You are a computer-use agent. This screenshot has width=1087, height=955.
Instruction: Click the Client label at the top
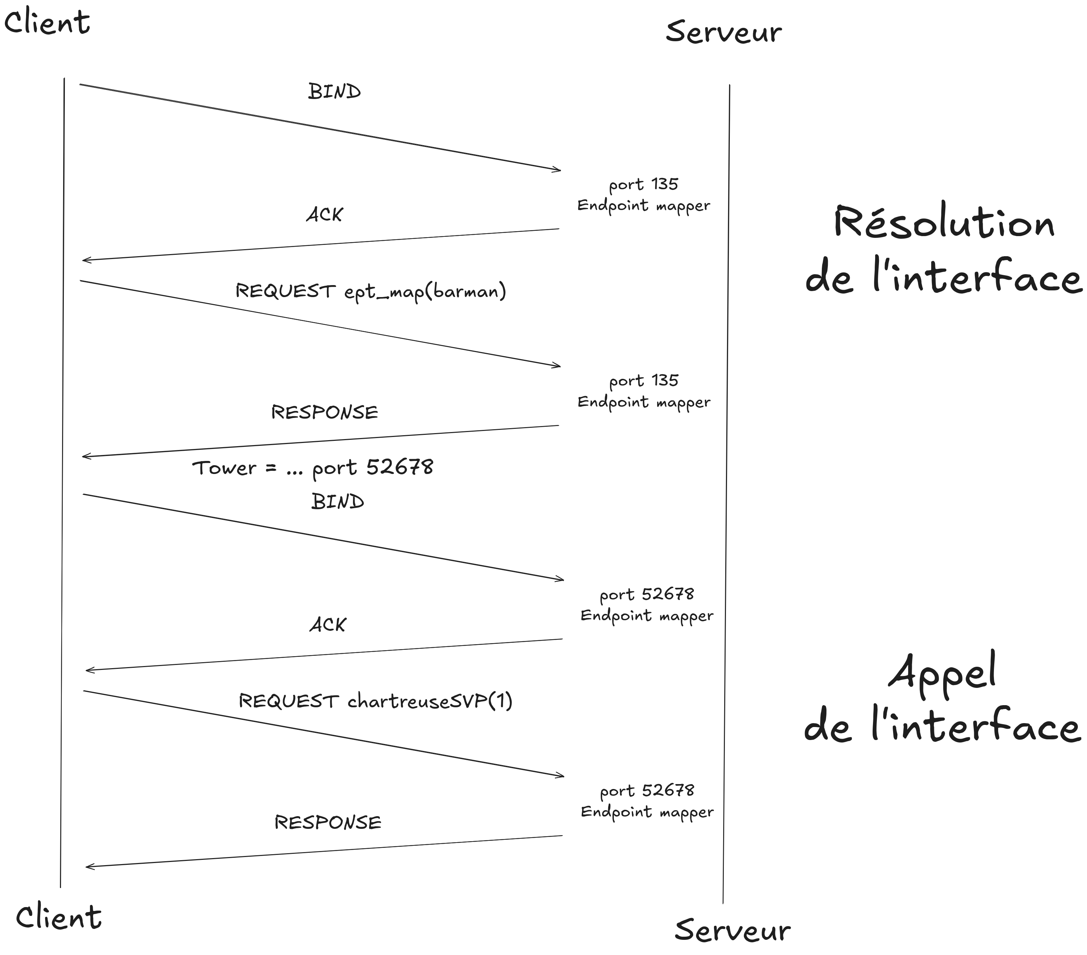[x=47, y=23]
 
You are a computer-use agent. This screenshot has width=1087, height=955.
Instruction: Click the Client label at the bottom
[x=59, y=917]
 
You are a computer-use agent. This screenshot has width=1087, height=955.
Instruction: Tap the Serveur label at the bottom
[x=732, y=931]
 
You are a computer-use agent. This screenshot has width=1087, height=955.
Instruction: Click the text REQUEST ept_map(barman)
[x=371, y=291]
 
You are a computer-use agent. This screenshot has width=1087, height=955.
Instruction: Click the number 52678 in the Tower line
[x=400, y=467]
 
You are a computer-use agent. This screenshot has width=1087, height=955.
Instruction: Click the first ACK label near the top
[x=324, y=215]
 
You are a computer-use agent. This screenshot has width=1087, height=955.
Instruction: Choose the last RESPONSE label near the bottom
[x=328, y=822]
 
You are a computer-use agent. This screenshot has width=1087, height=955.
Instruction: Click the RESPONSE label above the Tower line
[x=324, y=412]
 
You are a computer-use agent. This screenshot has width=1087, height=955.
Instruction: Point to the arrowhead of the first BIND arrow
[x=560, y=170]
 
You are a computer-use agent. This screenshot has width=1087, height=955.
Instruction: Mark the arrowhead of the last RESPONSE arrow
[x=87, y=867]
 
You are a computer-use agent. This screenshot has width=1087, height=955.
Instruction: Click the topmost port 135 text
[x=643, y=184]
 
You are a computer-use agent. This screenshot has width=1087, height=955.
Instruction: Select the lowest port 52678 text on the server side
[x=647, y=791]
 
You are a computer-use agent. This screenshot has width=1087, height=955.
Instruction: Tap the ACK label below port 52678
[x=328, y=624]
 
